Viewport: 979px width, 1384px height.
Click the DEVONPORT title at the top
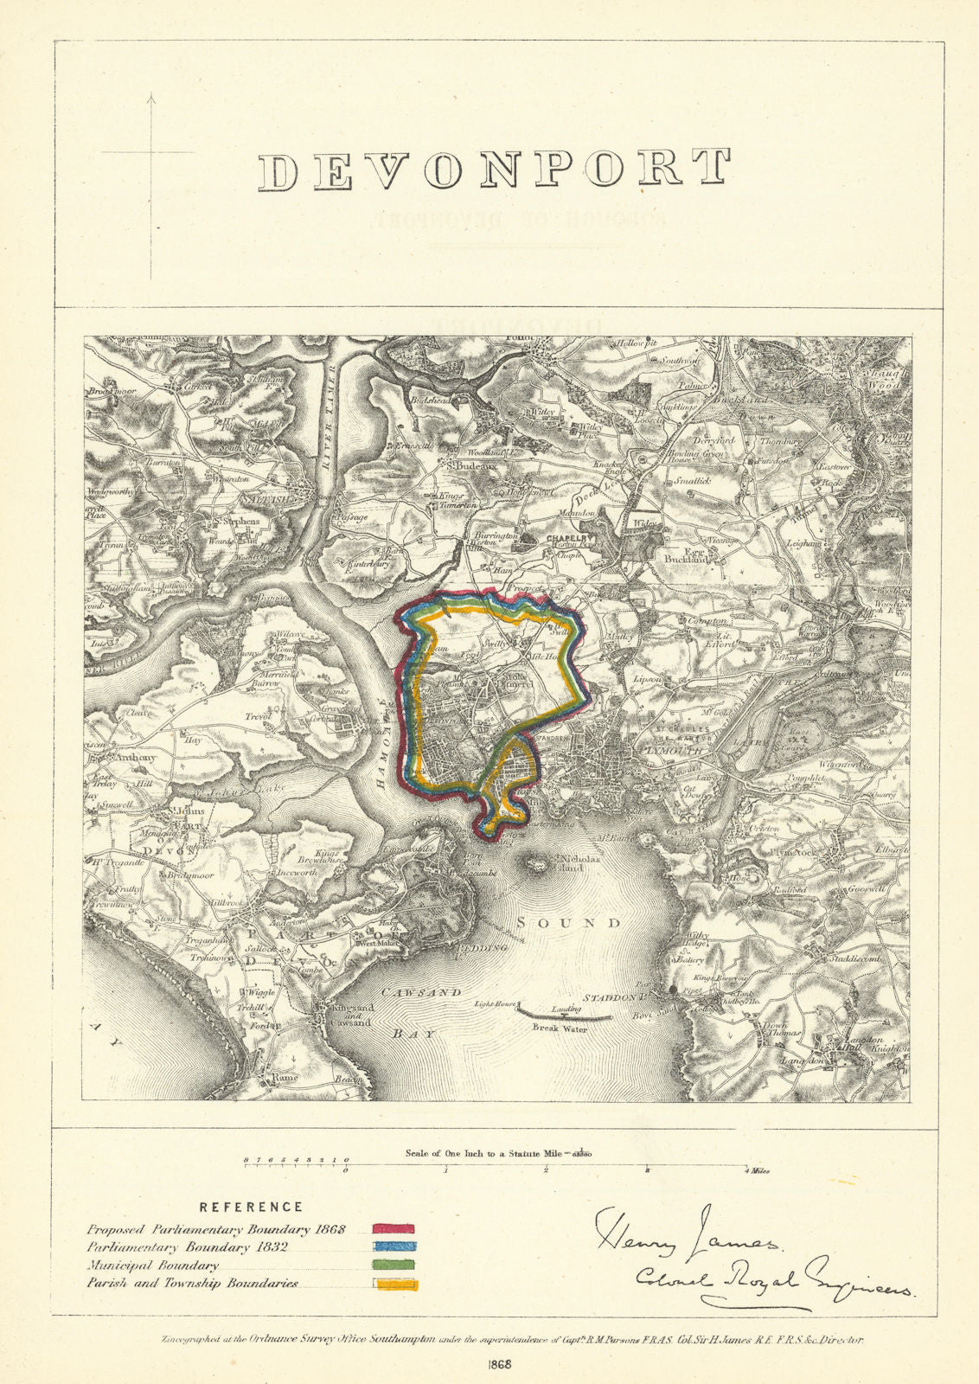pos(495,170)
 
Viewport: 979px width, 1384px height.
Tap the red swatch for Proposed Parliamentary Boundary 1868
pos(394,1228)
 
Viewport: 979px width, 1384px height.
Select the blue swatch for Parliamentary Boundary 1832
pos(394,1246)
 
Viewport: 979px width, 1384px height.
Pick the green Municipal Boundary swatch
pos(394,1265)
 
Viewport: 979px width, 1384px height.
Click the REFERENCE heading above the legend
pos(251,1207)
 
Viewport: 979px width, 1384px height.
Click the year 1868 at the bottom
pos(501,1365)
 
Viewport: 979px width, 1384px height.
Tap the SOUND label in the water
pos(568,923)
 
